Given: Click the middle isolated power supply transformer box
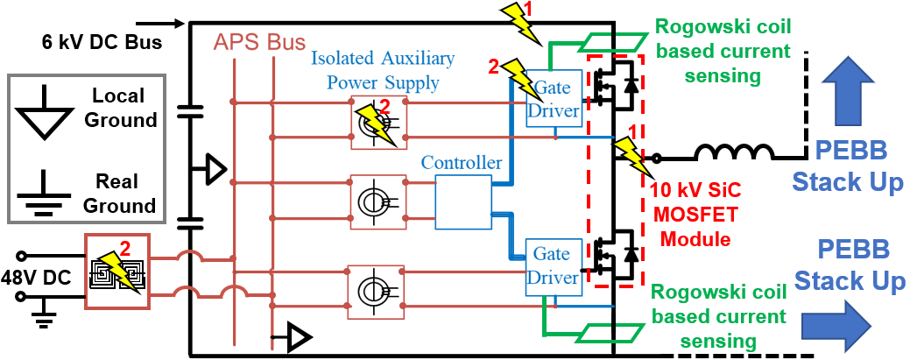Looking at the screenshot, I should click(377, 201).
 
